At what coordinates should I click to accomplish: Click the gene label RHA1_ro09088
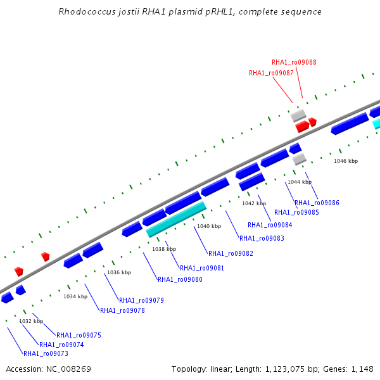294,62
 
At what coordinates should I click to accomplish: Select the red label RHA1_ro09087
271,73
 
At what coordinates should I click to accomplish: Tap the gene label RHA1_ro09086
317,203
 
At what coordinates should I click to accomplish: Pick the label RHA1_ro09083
262,238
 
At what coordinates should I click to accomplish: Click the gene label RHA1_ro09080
180,279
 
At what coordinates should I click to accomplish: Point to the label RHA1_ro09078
122,310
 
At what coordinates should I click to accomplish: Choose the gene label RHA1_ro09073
46,353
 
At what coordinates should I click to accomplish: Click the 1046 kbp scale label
346,161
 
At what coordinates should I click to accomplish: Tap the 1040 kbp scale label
209,226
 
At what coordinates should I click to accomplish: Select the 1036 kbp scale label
119,272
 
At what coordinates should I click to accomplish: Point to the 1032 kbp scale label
31,321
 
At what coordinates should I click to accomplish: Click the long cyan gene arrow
177,219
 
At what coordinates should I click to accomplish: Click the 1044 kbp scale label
300,182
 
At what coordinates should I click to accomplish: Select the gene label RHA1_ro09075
79,335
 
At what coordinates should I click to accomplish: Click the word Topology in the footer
190,369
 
